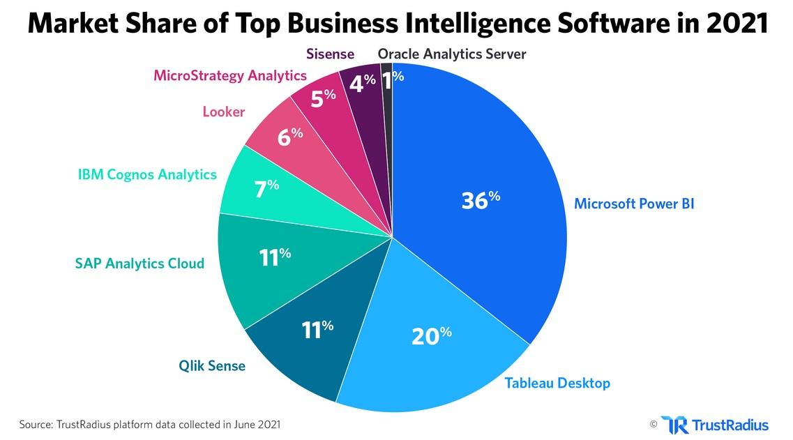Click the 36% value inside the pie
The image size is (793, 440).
click(x=481, y=200)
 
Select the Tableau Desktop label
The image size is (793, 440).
click(x=557, y=383)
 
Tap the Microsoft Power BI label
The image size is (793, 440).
click(x=634, y=204)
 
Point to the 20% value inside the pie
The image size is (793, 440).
click(x=431, y=335)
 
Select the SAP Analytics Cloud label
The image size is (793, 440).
click(x=139, y=263)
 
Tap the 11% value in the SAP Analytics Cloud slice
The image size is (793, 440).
click(x=274, y=257)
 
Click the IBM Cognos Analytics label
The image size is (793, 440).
click(x=147, y=174)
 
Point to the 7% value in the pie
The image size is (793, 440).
click(x=266, y=188)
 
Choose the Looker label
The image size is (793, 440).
click(x=223, y=112)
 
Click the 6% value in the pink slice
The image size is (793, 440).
click(x=289, y=137)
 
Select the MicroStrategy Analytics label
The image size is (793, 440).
click(x=229, y=75)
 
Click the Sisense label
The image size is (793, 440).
click(x=330, y=54)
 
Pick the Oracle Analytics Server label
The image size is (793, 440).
click(x=451, y=54)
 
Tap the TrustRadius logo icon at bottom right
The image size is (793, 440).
click(x=674, y=424)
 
